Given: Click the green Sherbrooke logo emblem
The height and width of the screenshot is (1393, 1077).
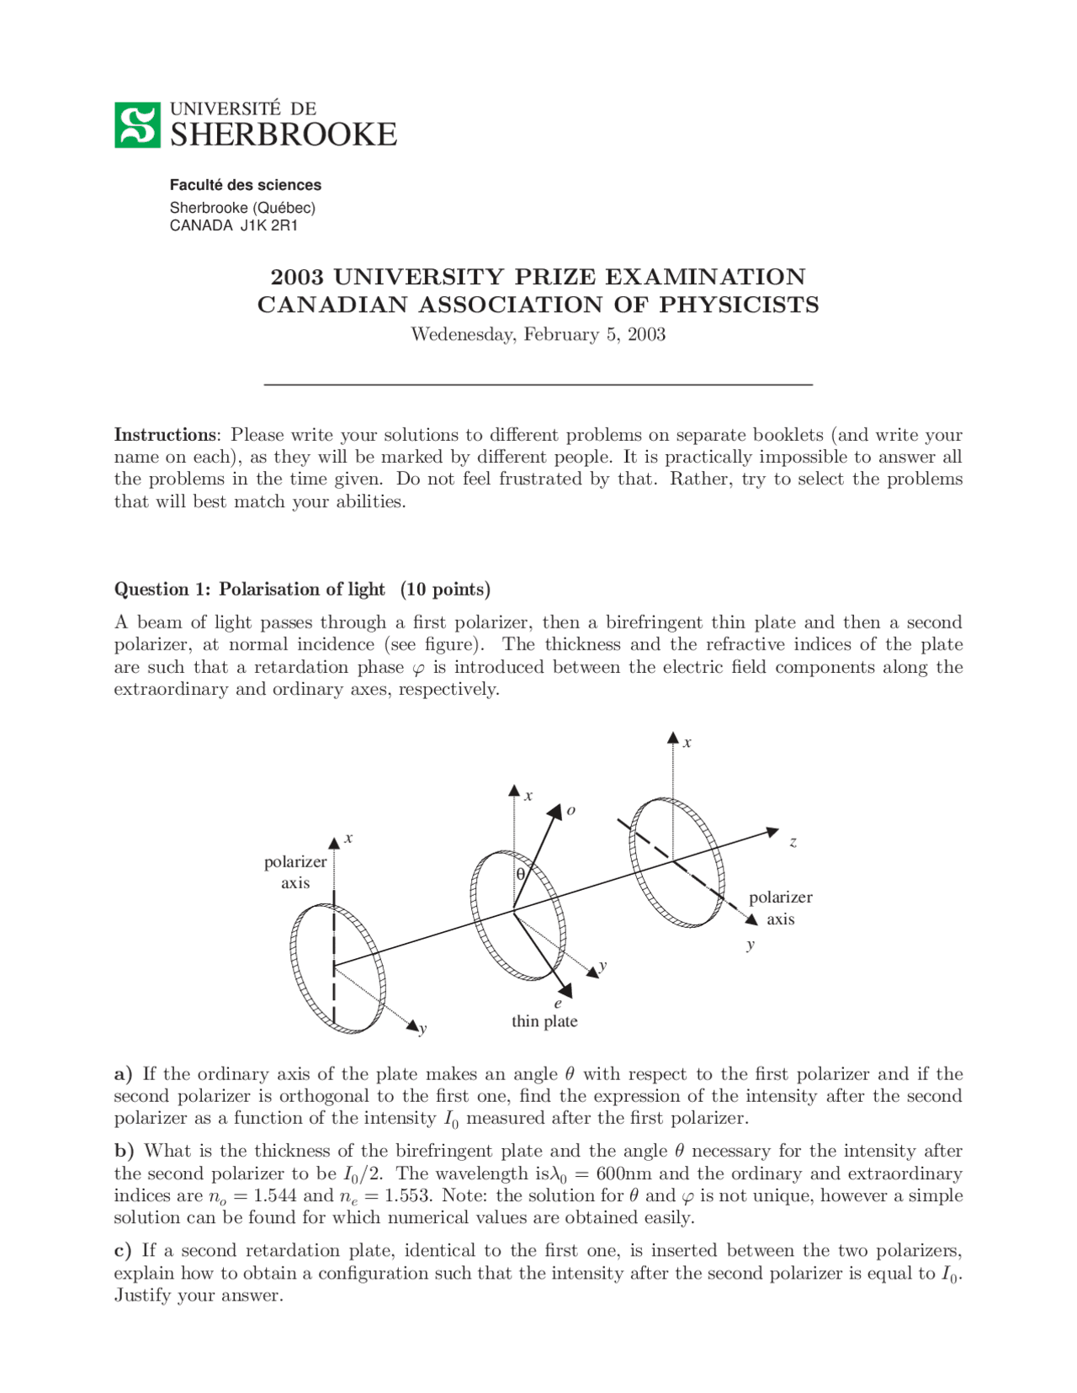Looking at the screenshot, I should click(x=137, y=125).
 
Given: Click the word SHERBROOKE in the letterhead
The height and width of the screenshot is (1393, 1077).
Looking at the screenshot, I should click(x=283, y=135).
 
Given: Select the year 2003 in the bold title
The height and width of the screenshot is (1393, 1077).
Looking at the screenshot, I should click(x=298, y=277).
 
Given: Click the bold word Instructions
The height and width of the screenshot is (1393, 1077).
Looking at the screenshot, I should click(x=165, y=435).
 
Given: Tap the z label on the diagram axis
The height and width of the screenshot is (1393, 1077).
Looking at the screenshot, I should click(x=793, y=841).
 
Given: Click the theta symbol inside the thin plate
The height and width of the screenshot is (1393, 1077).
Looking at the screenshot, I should click(x=521, y=874).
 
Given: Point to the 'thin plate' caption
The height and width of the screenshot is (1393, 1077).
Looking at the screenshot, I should click(x=544, y=1021).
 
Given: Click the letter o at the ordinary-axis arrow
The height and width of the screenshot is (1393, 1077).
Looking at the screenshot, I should click(x=570, y=810).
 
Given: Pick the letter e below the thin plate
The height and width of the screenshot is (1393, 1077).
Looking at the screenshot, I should click(x=557, y=1004).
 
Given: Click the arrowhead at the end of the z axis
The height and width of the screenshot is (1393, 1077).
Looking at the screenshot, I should click(x=772, y=832).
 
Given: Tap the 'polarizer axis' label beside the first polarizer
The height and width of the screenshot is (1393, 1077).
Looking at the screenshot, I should click(x=295, y=872).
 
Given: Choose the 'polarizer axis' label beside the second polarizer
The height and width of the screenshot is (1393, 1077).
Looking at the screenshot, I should click(x=780, y=908).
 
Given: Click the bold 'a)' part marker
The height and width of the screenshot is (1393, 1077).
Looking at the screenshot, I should click(x=124, y=1074).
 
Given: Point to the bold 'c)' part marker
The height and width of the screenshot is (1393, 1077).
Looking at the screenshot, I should click(x=123, y=1251).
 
